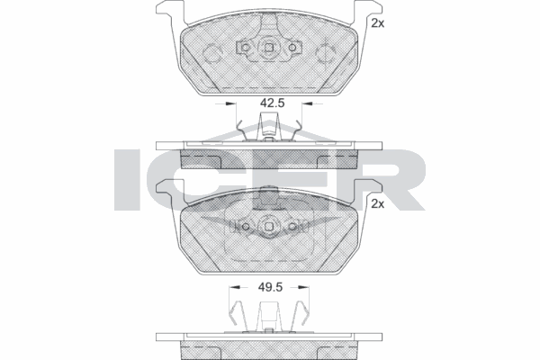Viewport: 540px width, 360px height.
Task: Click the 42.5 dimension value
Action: click(272, 103)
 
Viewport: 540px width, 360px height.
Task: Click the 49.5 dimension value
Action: click(272, 287)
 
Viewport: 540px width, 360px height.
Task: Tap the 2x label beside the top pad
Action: click(378, 24)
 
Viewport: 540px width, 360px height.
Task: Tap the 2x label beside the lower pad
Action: click(378, 204)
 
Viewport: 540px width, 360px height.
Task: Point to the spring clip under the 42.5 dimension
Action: click(270, 131)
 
